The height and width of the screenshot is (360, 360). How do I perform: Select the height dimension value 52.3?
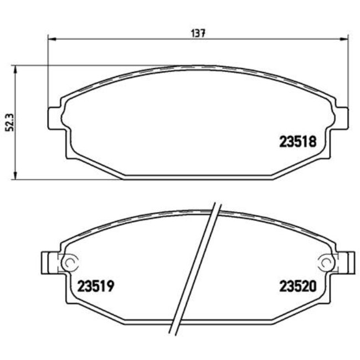(7, 122)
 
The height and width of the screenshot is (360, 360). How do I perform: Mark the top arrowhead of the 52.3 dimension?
(16, 68)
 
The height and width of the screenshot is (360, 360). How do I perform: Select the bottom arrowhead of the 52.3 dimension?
(16, 177)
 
